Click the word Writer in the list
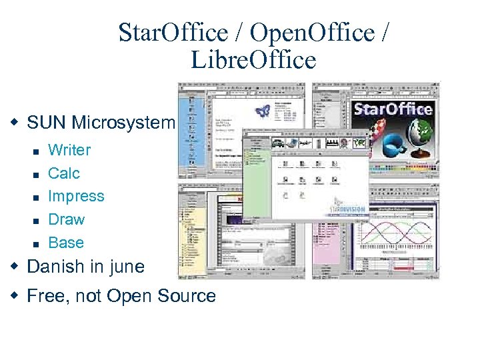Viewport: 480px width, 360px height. click(69, 150)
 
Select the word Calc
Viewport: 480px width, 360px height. click(64, 173)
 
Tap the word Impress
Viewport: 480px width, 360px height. click(76, 197)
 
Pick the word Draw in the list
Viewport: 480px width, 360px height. click(67, 219)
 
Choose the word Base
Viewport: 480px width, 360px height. click(66, 243)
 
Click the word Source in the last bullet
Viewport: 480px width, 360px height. click(189, 296)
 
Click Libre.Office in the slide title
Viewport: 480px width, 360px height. click(253, 60)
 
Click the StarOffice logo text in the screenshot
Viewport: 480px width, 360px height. click(393, 109)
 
